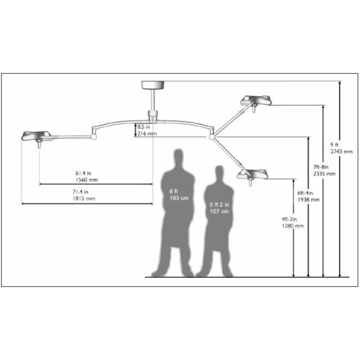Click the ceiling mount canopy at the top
coord(152,85)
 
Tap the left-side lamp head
coord(37,136)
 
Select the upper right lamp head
coord(256,100)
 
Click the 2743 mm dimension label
coord(341,152)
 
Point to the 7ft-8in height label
coord(321,167)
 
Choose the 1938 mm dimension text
coord(308,200)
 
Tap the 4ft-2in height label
coord(289,219)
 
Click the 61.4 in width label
coord(83,173)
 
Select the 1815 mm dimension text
coord(83,199)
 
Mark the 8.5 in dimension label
coord(144,127)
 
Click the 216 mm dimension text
coord(147,133)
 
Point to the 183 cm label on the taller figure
coord(179,198)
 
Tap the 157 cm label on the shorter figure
coord(219,211)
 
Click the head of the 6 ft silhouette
coord(178,157)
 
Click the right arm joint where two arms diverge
coord(212,137)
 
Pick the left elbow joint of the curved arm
coord(93,137)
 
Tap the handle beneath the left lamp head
coord(39,145)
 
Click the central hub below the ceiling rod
coord(152,116)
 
